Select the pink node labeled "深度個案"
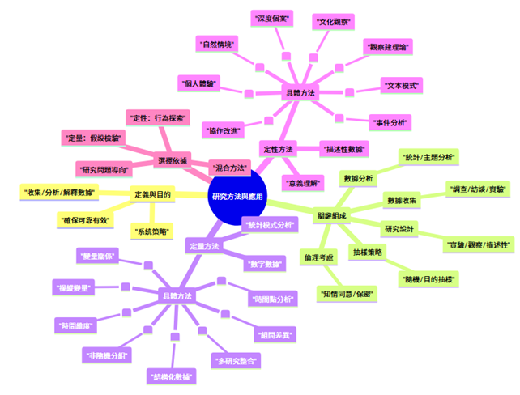pyautogui.click(x=272, y=17)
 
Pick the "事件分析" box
pyautogui.click(x=390, y=121)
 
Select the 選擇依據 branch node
pyautogui.click(x=172, y=161)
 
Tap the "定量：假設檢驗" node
pyautogui.click(x=92, y=138)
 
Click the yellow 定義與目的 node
pyautogui.click(x=152, y=194)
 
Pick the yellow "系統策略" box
pyautogui.click(x=152, y=231)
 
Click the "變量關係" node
pyautogui.click(x=96, y=256)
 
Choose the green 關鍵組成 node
pyautogui.click(x=334, y=214)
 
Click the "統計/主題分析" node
pyautogui.click(x=429, y=156)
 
